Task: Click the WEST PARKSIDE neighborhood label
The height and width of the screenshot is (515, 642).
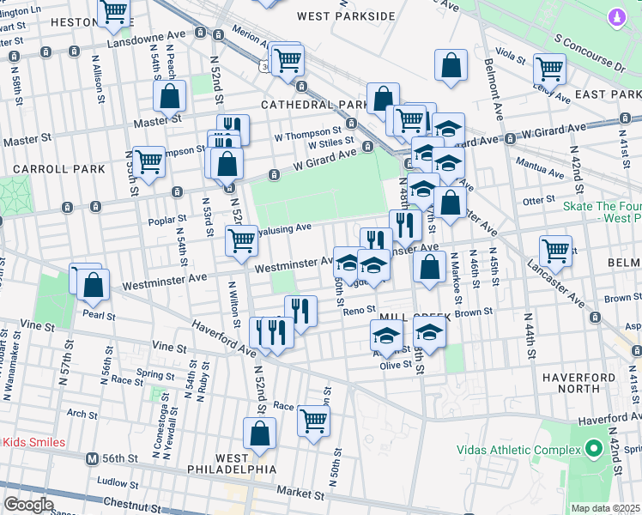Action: [346, 16]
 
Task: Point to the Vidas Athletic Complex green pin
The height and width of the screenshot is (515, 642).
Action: [592, 449]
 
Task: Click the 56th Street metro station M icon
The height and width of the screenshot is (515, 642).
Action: [92, 458]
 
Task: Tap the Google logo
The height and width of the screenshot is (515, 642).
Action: [28, 505]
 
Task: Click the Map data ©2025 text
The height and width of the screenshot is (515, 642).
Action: [605, 508]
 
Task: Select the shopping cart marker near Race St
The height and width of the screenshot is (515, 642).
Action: [313, 421]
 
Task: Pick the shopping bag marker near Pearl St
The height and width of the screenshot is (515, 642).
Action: [94, 284]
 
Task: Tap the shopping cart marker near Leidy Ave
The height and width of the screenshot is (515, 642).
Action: [548, 69]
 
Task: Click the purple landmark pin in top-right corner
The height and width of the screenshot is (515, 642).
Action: [615, 17]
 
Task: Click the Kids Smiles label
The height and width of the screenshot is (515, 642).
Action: [33, 442]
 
